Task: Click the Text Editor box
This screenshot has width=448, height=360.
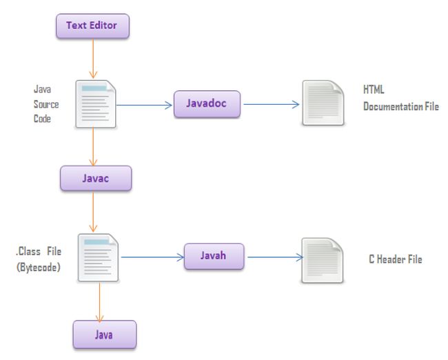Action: click(x=91, y=26)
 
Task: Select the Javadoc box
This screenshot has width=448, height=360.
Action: click(x=207, y=103)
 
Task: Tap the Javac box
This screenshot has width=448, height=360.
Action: click(x=95, y=178)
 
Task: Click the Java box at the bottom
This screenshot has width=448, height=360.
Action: click(x=105, y=334)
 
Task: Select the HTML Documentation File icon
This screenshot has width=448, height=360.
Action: click(x=323, y=103)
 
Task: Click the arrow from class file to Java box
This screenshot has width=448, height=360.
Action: click(x=101, y=301)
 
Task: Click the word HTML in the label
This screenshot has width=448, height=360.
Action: click(x=374, y=90)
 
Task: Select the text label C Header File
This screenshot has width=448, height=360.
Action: click(x=396, y=259)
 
